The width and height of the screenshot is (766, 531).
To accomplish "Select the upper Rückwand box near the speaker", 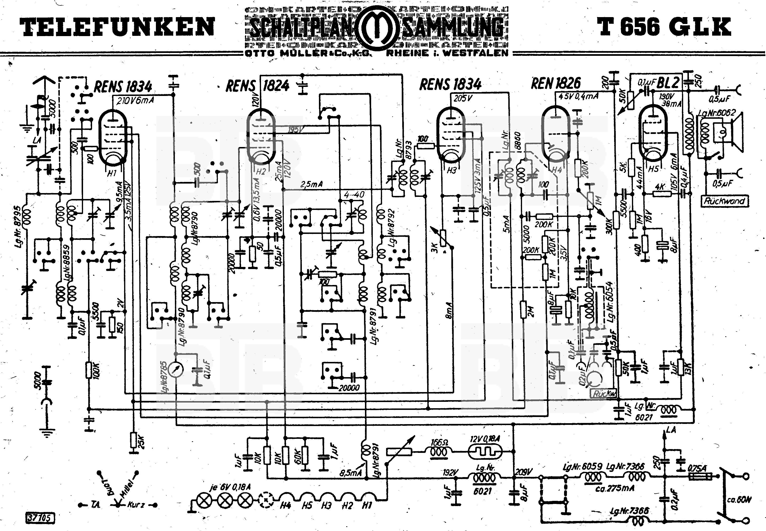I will click(724, 201).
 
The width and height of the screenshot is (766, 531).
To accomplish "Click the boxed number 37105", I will click(40, 518).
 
